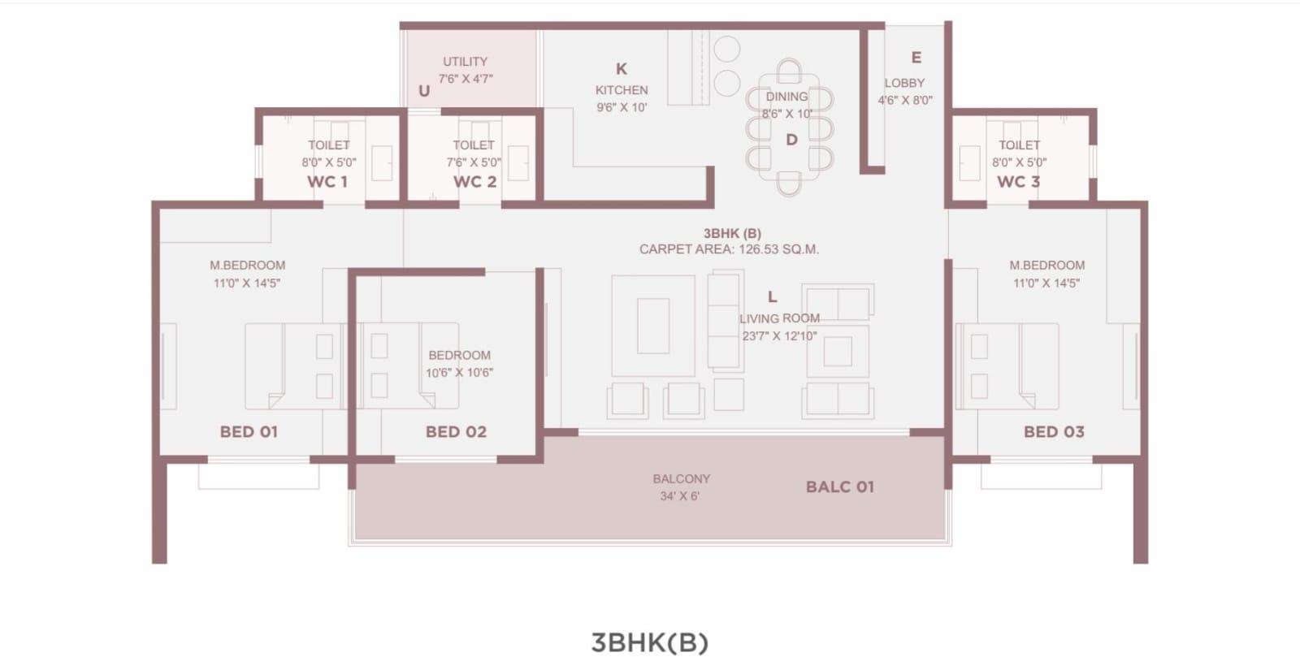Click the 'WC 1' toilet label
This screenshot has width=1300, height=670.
327,182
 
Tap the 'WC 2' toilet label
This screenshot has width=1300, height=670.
474,182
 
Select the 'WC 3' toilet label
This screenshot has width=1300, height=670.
1018,182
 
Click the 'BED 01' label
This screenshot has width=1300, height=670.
249,432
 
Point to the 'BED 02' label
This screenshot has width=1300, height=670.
456,432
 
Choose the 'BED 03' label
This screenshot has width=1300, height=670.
1054,432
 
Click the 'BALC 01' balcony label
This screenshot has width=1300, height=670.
839,487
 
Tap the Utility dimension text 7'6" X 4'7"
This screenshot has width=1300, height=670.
466,79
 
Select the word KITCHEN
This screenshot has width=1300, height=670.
622,90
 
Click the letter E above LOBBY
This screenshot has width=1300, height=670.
916,58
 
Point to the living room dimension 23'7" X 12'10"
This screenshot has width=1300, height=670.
779,335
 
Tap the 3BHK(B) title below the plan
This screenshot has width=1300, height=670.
649,642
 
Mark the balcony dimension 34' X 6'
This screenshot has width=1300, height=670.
680,496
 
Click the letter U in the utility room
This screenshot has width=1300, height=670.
424,91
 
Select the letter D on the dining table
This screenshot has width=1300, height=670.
791,140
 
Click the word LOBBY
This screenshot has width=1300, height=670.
904,83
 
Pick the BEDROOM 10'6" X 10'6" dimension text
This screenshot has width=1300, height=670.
459,373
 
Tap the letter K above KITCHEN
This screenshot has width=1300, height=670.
622,69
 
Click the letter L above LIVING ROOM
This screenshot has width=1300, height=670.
772,297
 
